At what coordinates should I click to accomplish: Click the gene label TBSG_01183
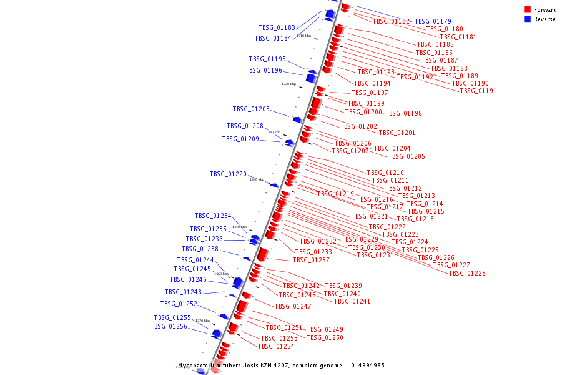coord(277,27)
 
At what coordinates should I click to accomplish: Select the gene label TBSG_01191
coord(478,91)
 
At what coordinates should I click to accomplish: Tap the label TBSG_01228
coord(467,273)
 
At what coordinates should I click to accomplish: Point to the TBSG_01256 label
coord(169,326)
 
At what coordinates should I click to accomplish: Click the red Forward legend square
coord(527,10)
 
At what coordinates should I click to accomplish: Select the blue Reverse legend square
coord(527,19)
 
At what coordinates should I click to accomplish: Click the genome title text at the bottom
coord(280,366)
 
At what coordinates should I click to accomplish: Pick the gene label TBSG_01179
coord(433,21)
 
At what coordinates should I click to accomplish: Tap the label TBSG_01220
coord(228,174)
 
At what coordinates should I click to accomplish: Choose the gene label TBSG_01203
coord(251,109)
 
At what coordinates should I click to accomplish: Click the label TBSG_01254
coord(276,346)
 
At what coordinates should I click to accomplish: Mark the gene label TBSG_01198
coord(403,114)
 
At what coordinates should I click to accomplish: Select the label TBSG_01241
coord(352,301)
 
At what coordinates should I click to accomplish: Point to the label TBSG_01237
coord(311,260)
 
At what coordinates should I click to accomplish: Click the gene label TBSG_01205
coord(407,156)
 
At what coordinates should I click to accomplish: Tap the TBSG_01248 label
coord(183,292)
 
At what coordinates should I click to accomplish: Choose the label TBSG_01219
coord(335,194)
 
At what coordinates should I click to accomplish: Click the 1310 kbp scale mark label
coord(303,36)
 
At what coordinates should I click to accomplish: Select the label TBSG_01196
coord(264,71)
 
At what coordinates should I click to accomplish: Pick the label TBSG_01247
coord(293,306)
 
